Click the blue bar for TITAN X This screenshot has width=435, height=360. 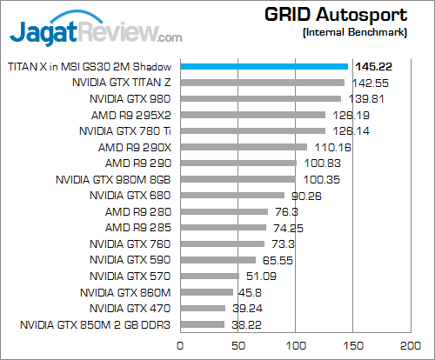coord(264,66)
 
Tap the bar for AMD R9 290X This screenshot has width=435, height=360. coord(243,147)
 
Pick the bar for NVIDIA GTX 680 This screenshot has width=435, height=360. coord(231,196)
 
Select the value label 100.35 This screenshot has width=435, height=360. coord(320,179)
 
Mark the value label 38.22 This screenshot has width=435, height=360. coord(247,324)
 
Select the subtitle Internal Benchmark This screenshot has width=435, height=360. coord(355,32)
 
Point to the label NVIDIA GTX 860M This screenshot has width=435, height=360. coord(125,292)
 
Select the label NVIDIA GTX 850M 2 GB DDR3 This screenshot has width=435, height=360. coord(96,324)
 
